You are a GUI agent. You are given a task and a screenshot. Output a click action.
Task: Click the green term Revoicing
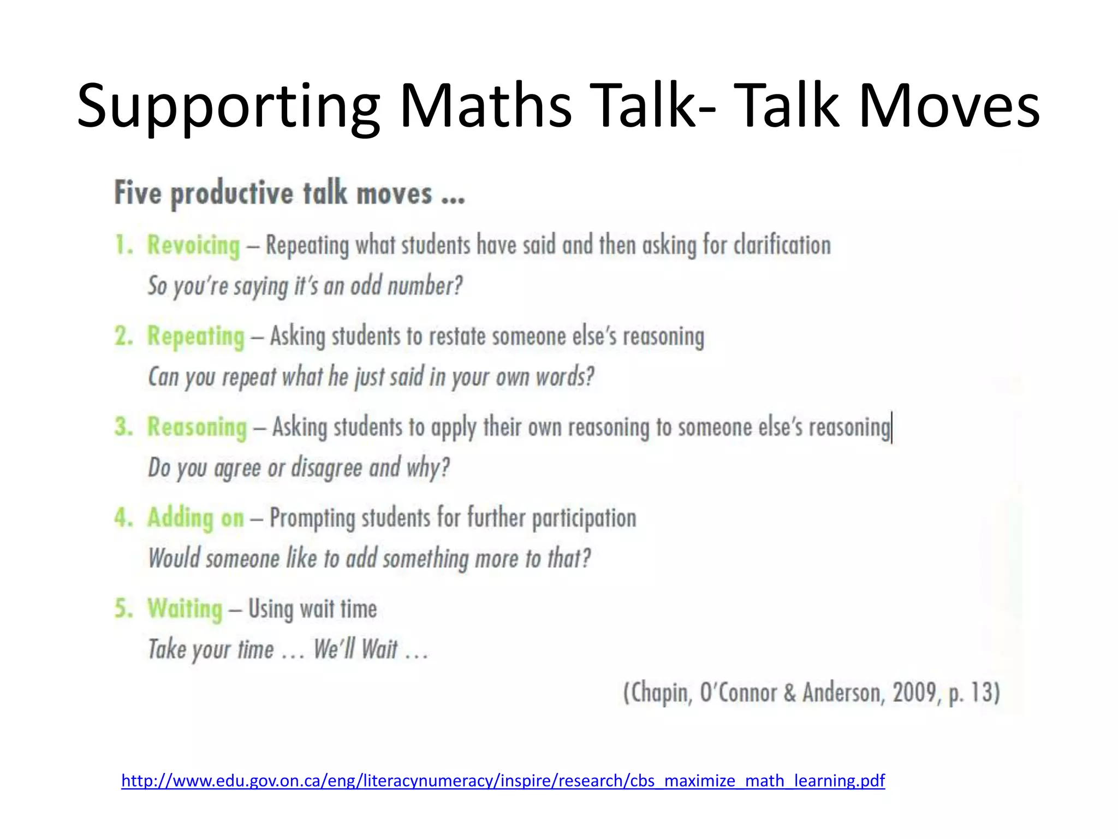[x=194, y=245]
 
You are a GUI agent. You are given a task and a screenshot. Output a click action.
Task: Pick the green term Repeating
[x=196, y=336]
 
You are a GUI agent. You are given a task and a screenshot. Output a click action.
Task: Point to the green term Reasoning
[x=197, y=427]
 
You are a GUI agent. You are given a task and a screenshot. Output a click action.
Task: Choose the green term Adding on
[x=195, y=518]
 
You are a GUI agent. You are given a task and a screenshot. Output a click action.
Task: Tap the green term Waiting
[x=185, y=608]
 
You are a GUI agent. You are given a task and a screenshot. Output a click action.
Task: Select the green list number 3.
[x=123, y=427]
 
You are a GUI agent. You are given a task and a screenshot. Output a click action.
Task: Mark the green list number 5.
[x=123, y=608]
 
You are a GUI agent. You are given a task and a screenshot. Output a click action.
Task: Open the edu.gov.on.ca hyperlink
[x=503, y=781]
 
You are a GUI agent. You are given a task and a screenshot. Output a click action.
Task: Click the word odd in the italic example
[x=365, y=286]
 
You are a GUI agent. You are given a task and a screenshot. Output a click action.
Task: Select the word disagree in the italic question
[x=326, y=468]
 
